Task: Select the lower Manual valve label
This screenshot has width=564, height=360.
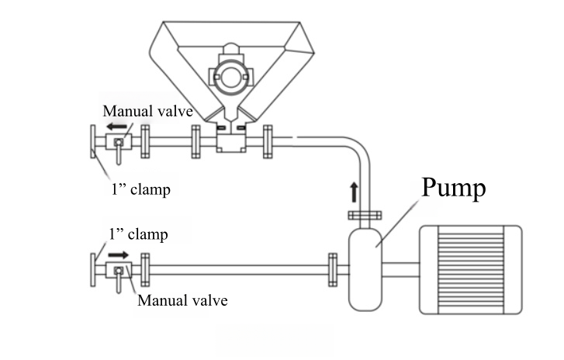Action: (x=182, y=299)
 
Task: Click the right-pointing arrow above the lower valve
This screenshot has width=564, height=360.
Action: (x=118, y=254)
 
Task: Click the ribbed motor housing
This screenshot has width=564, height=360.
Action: (x=470, y=269)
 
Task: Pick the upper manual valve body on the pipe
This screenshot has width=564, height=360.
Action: (x=119, y=143)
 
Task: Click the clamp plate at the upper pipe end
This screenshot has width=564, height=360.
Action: (x=92, y=143)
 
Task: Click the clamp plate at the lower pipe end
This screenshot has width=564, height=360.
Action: (x=93, y=270)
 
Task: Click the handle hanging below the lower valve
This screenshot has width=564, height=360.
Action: (x=117, y=285)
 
